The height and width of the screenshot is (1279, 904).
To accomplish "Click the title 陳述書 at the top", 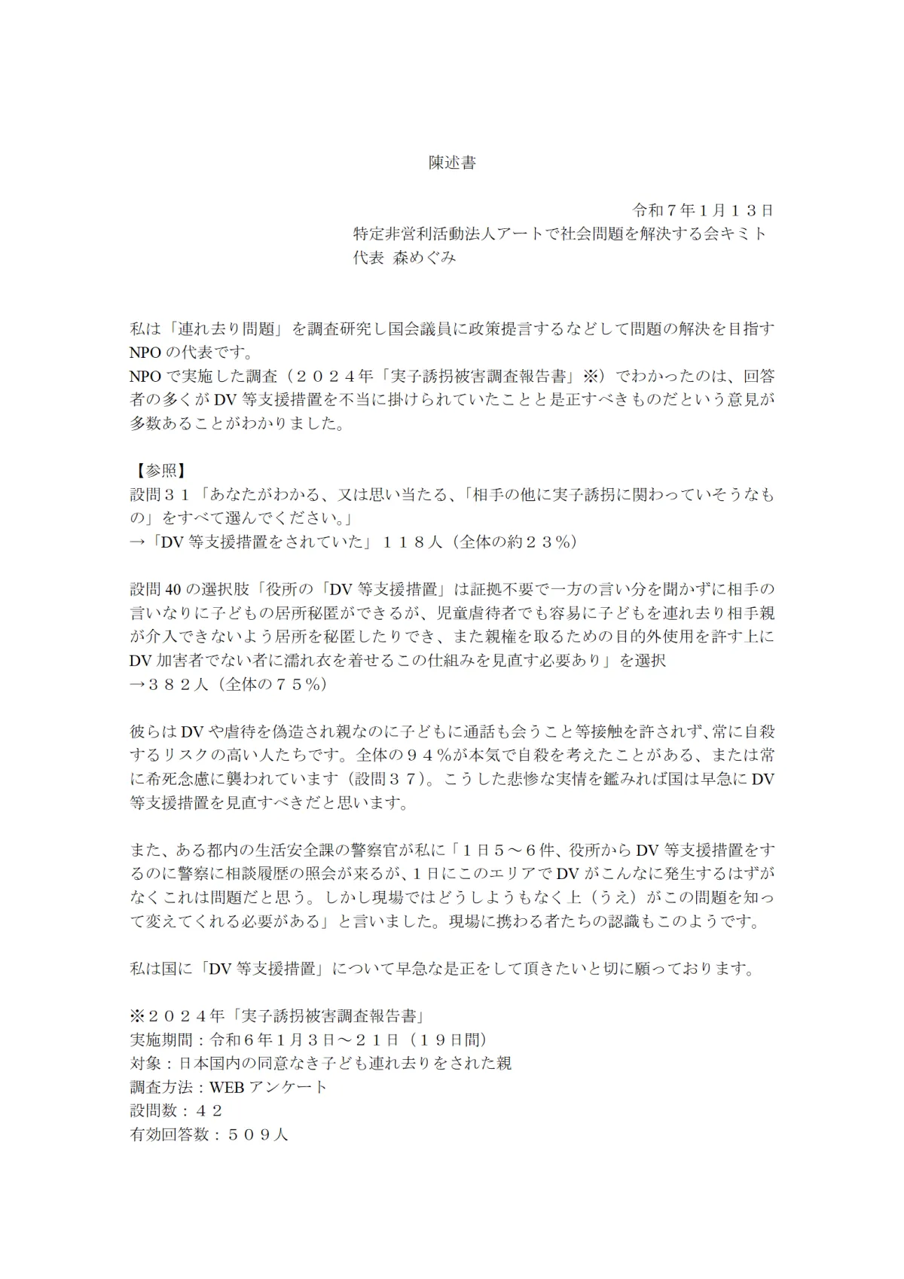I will tap(452, 163).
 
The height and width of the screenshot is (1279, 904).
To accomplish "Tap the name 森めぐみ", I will tap(426, 258).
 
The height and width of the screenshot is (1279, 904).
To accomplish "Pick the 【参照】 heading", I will tap(157, 471).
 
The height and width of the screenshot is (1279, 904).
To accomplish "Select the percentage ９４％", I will tap(429, 755).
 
